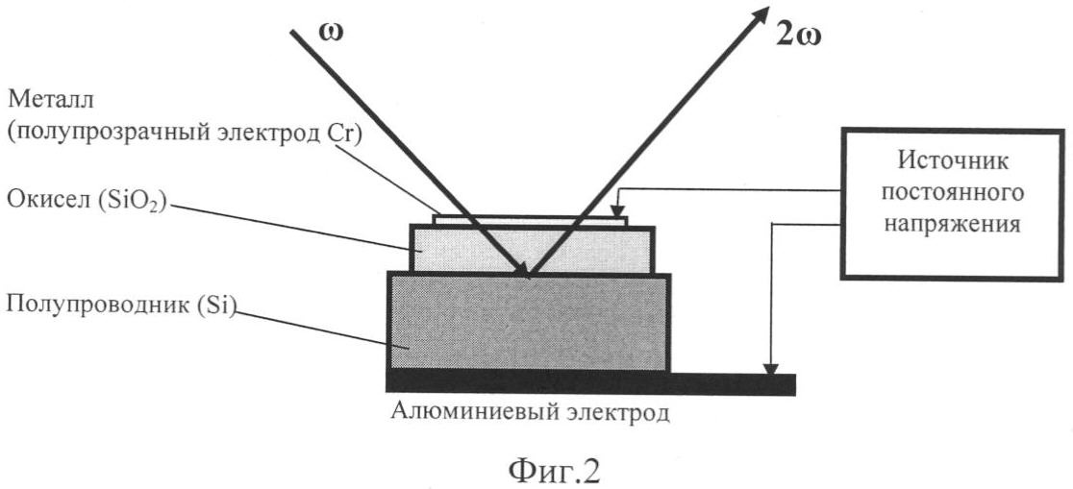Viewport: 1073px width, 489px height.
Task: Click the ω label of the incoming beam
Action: (331, 33)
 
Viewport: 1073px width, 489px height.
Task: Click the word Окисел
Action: (39, 204)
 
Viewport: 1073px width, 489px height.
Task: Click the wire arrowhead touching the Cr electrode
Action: (617, 208)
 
